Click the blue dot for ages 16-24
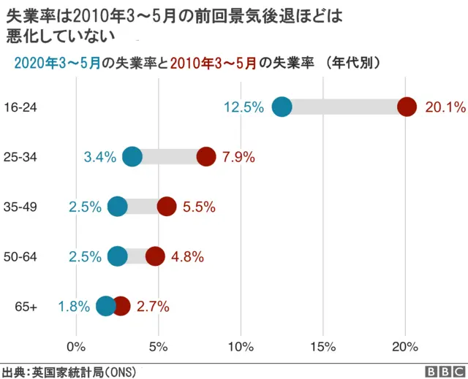pyautogui.click(x=282, y=107)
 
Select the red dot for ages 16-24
pyautogui.click(x=407, y=107)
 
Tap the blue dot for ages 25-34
pyautogui.click(x=132, y=156)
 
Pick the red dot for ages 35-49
pyautogui.click(x=167, y=207)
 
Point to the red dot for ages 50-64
pyautogui.click(x=155, y=256)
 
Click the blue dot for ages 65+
pyautogui.click(x=106, y=306)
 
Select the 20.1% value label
pyautogui.click(x=445, y=107)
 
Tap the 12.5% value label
pyautogui.click(x=244, y=107)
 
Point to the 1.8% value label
pyautogui.click(x=74, y=307)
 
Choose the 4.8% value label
pyautogui.click(x=186, y=257)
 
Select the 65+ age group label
pyautogui.click(x=26, y=307)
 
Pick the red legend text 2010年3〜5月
pyautogui.click(x=213, y=64)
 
